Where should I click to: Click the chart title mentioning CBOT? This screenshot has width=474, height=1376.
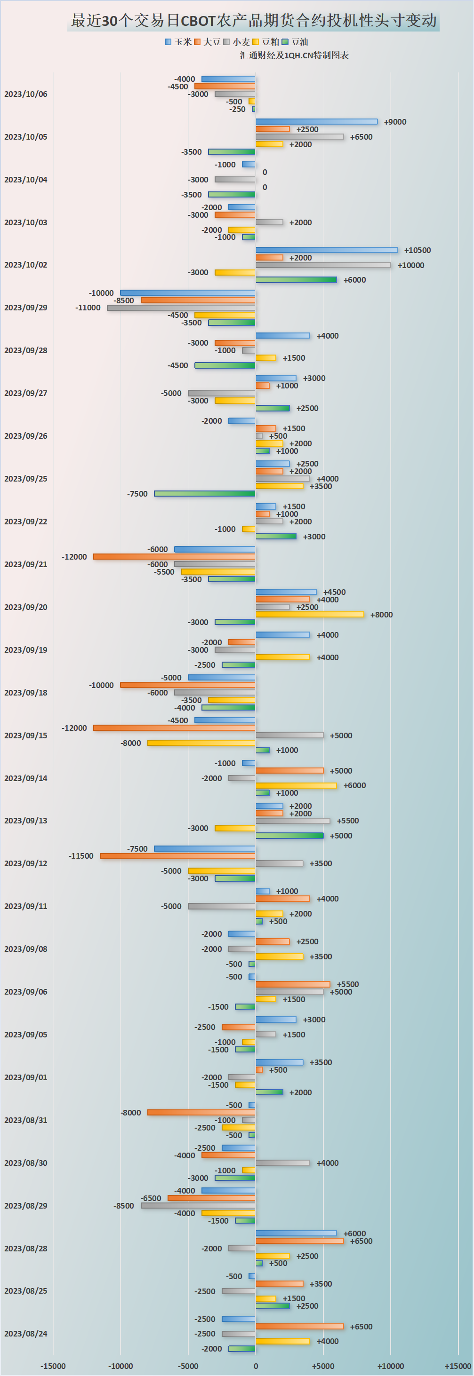254,21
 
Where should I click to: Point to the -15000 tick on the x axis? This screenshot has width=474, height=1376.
53,1366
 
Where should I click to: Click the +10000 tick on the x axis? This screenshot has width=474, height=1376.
390,1366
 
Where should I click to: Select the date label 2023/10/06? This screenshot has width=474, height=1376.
25,94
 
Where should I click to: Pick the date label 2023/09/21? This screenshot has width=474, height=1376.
25,564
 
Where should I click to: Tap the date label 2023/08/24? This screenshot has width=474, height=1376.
25,1333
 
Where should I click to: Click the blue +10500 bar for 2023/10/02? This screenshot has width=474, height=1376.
327,250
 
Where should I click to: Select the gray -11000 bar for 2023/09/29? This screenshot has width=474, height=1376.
181,308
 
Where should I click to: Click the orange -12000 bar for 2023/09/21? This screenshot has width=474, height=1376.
174,557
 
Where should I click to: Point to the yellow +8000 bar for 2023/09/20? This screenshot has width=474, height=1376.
309,614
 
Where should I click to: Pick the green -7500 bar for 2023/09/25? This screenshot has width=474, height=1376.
205,494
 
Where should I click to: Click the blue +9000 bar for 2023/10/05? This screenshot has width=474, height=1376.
316,122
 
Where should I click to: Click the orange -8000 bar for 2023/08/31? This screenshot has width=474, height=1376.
201,1113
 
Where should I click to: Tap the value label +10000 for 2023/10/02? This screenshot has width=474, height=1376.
410,265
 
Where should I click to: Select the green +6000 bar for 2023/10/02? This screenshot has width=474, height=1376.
296,280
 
